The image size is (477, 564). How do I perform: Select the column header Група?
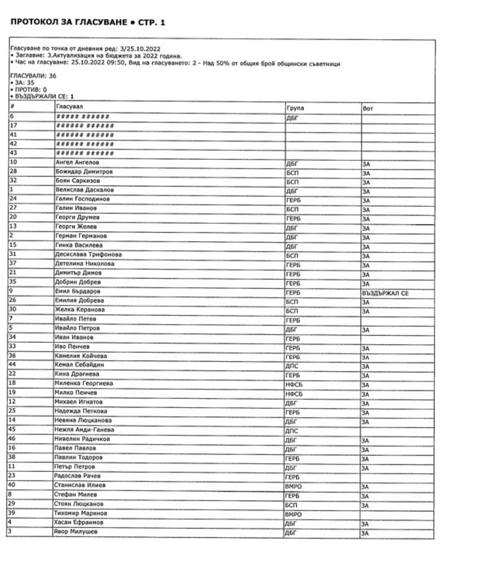click(294, 108)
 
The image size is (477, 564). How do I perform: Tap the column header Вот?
click(368, 108)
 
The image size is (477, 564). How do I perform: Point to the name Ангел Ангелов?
click(78, 163)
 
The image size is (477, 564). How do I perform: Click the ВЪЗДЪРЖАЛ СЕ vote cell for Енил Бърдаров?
click(385, 294)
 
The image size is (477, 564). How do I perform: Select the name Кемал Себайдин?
click(80, 365)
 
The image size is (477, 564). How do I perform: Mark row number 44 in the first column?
click(13, 365)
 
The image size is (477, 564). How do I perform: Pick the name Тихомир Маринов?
click(81, 513)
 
